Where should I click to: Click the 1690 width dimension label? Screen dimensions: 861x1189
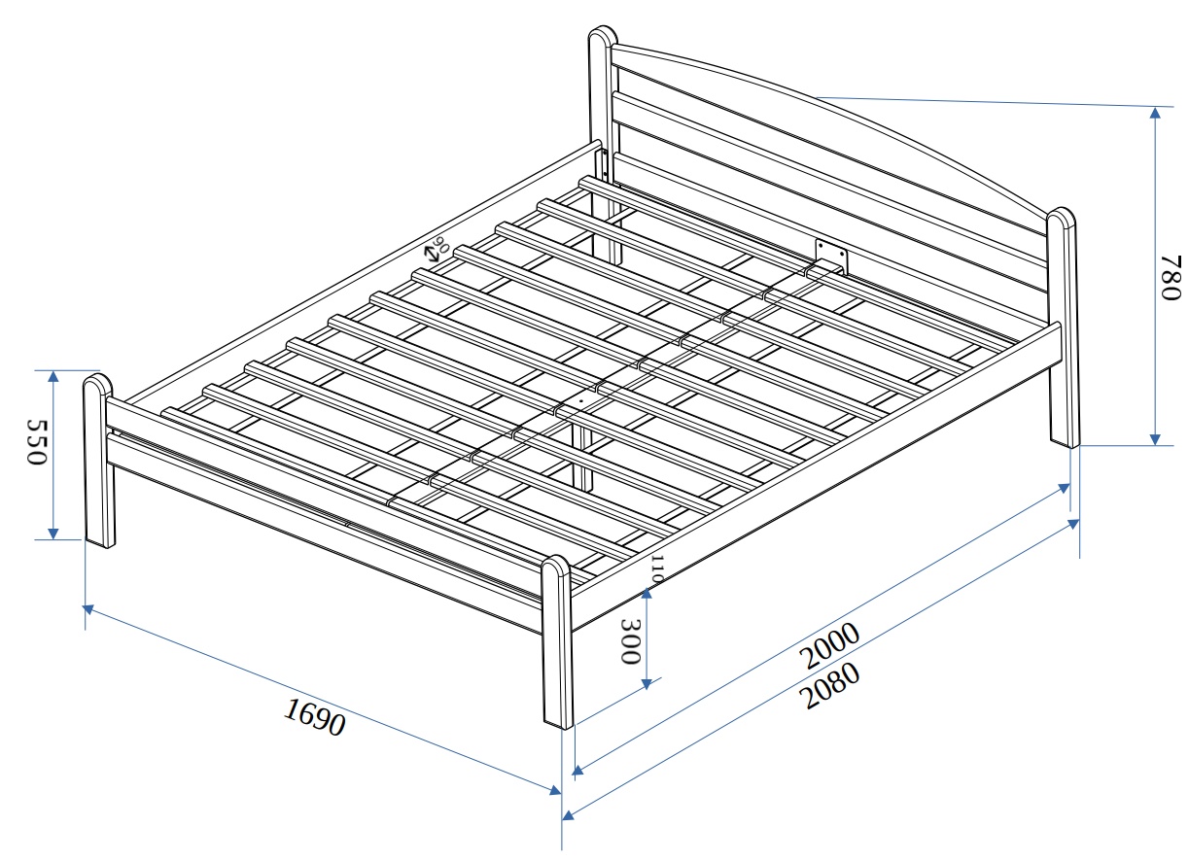(314, 716)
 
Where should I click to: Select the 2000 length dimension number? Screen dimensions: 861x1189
(831, 646)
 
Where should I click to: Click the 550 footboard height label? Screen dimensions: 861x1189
(36, 443)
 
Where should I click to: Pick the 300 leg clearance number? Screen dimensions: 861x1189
(629, 641)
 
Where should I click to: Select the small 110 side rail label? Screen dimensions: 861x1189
(656, 568)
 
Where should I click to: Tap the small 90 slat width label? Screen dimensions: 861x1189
(442, 245)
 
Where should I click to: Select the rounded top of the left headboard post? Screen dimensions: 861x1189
(603, 36)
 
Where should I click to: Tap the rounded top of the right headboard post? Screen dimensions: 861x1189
(1062, 217)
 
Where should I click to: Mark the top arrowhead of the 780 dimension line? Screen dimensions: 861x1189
(1155, 111)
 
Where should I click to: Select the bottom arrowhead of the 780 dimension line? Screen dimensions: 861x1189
(1155, 438)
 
